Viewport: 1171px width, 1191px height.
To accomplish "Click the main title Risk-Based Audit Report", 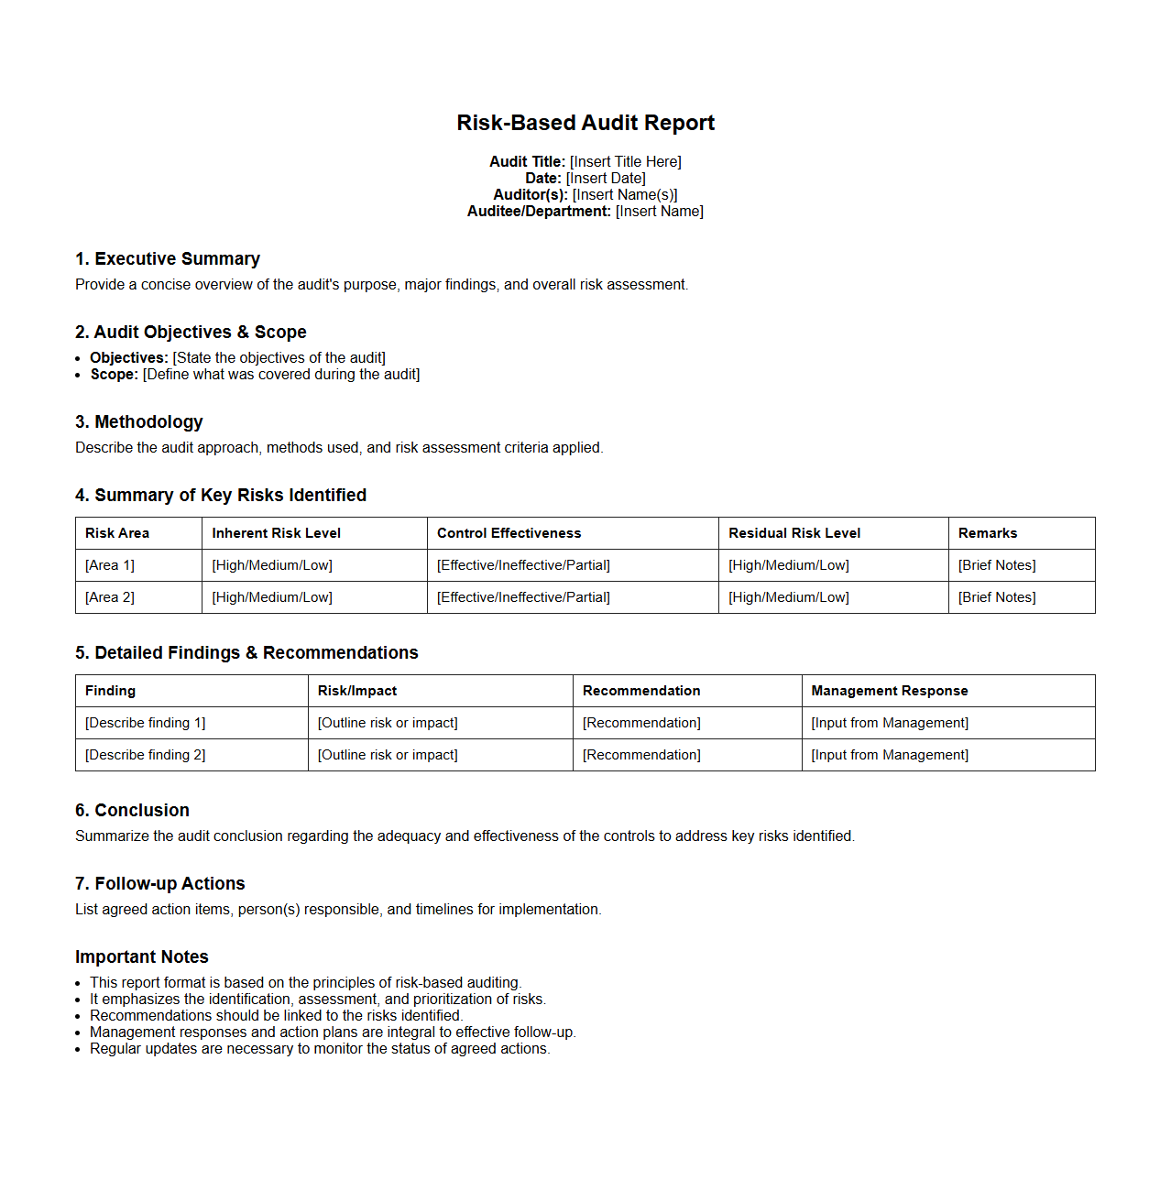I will [585, 123].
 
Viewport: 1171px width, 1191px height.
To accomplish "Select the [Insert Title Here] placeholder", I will [626, 162].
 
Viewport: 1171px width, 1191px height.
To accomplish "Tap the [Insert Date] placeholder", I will [606, 179].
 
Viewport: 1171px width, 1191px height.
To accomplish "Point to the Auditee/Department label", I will [539, 212].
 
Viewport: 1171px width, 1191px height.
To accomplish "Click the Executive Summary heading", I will [168, 259].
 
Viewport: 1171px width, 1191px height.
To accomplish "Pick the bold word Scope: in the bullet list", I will [115, 375].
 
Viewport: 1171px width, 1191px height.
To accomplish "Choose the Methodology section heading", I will [139, 422].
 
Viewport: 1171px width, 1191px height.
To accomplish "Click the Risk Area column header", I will [117, 533].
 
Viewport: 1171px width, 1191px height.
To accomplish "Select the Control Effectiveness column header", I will [509, 533].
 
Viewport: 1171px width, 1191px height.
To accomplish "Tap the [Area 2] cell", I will [110, 597].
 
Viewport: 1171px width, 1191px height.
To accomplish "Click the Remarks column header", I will [988, 533].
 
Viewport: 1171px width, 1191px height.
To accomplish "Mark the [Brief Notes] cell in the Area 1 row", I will [997, 565].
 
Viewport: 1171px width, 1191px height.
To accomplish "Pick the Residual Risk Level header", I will [794, 533].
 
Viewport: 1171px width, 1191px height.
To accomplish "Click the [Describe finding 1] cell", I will [146, 723].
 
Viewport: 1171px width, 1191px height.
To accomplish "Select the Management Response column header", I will [890, 691].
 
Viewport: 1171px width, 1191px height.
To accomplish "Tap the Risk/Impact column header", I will [357, 691].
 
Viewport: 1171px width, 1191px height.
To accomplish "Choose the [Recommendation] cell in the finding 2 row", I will [641, 755].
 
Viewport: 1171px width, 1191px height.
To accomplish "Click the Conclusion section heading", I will [133, 811].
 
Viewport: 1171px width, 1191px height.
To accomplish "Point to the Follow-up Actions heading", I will [160, 884].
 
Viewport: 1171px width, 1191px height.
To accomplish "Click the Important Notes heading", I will [142, 957].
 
